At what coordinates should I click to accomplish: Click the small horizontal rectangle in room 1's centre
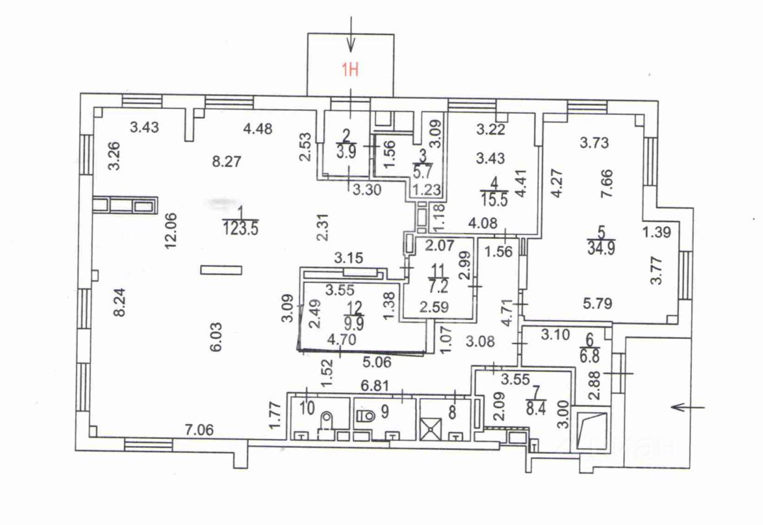click(222, 269)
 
